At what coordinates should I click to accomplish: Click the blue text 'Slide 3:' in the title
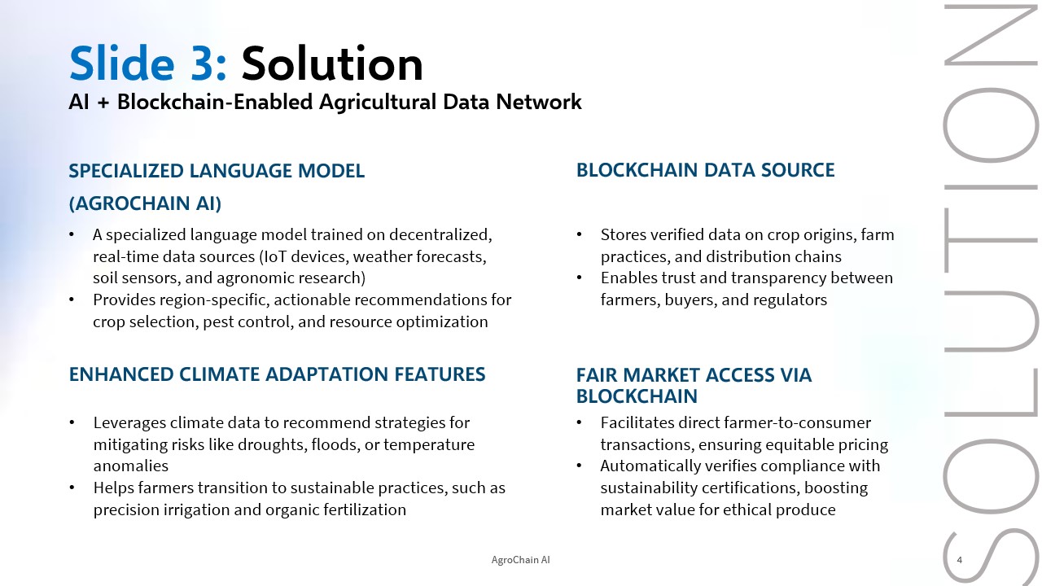pyautogui.click(x=148, y=63)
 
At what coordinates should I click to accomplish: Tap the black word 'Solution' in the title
pyautogui.click(x=332, y=63)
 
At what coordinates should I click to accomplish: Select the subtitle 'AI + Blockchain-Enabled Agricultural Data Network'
pyautogui.click(x=325, y=102)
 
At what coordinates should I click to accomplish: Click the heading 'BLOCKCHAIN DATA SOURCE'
pyautogui.click(x=705, y=170)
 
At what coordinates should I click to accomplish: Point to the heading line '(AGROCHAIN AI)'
pyautogui.click(x=145, y=203)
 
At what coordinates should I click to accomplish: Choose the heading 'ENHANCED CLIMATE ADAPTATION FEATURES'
pyautogui.click(x=278, y=374)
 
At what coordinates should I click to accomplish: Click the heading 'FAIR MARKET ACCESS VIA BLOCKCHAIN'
pyautogui.click(x=694, y=386)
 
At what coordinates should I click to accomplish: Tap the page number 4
pyautogui.click(x=959, y=560)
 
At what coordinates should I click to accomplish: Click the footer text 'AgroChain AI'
pyautogui.click(x=520, y=560)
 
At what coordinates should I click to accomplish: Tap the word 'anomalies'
pyautogui.click(x=131, y=466)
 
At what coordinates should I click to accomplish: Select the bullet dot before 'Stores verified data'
pyautogui.click(x=579, y=234)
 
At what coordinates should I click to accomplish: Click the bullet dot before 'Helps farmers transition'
pyautogui.click(x=72, y=488)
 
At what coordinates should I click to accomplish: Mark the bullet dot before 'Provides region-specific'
pyautogui.click(x=72, y=300)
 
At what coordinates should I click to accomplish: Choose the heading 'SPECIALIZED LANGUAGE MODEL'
pyautogui.click(x=217, y=171)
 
